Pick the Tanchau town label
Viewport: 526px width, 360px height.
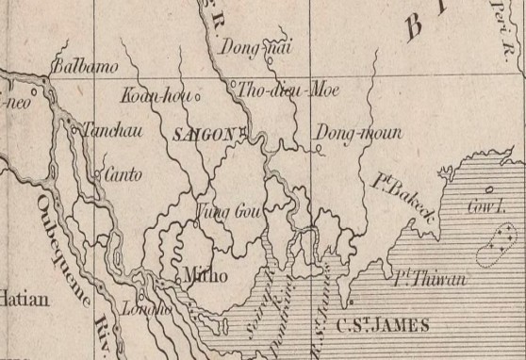tap(113, 131)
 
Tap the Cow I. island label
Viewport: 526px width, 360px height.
tap(485, 209)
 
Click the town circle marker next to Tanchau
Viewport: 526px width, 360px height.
tap(74, 131)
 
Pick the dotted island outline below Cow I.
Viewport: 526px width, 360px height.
tap(499, 242)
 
